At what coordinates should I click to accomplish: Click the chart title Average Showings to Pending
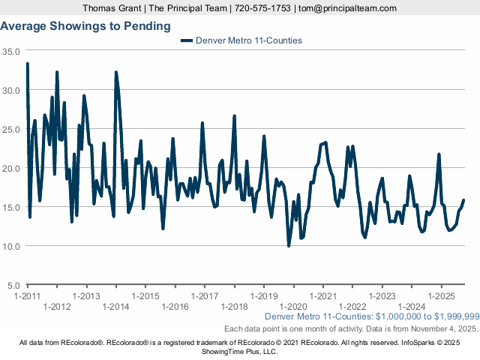tap(85, 26)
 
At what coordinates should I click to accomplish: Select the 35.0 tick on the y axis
tap(11, 52)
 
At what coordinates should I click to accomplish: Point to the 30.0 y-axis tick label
tap(11, 90)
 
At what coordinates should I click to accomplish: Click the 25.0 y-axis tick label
tap(11, 129)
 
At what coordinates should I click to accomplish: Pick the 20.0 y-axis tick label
tap(11, 168)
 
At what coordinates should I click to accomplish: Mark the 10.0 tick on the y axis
tap(11, 246)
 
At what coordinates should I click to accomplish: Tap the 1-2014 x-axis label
tap(115, 307)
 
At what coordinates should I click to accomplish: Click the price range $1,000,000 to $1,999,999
tap(424, 317)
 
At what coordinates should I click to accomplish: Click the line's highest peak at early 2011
tap(27, 64)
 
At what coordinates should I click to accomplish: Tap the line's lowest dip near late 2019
tap(289, 245)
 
